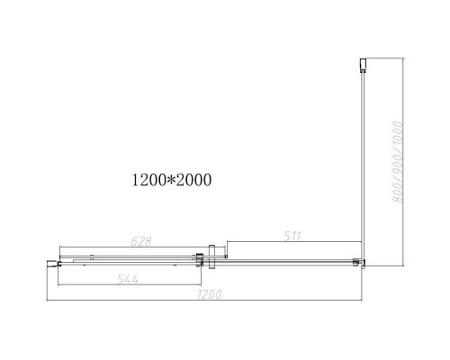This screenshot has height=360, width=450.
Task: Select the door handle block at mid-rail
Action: pyautogui.click(x=211, y=256)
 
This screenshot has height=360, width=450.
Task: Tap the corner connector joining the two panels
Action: pyautogui.click(x=359, y=263)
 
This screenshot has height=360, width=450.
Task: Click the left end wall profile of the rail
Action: pyautogui.click(x=52, y=264)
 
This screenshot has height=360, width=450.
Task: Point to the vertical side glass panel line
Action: pyautogui.click(x=361, y=162)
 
